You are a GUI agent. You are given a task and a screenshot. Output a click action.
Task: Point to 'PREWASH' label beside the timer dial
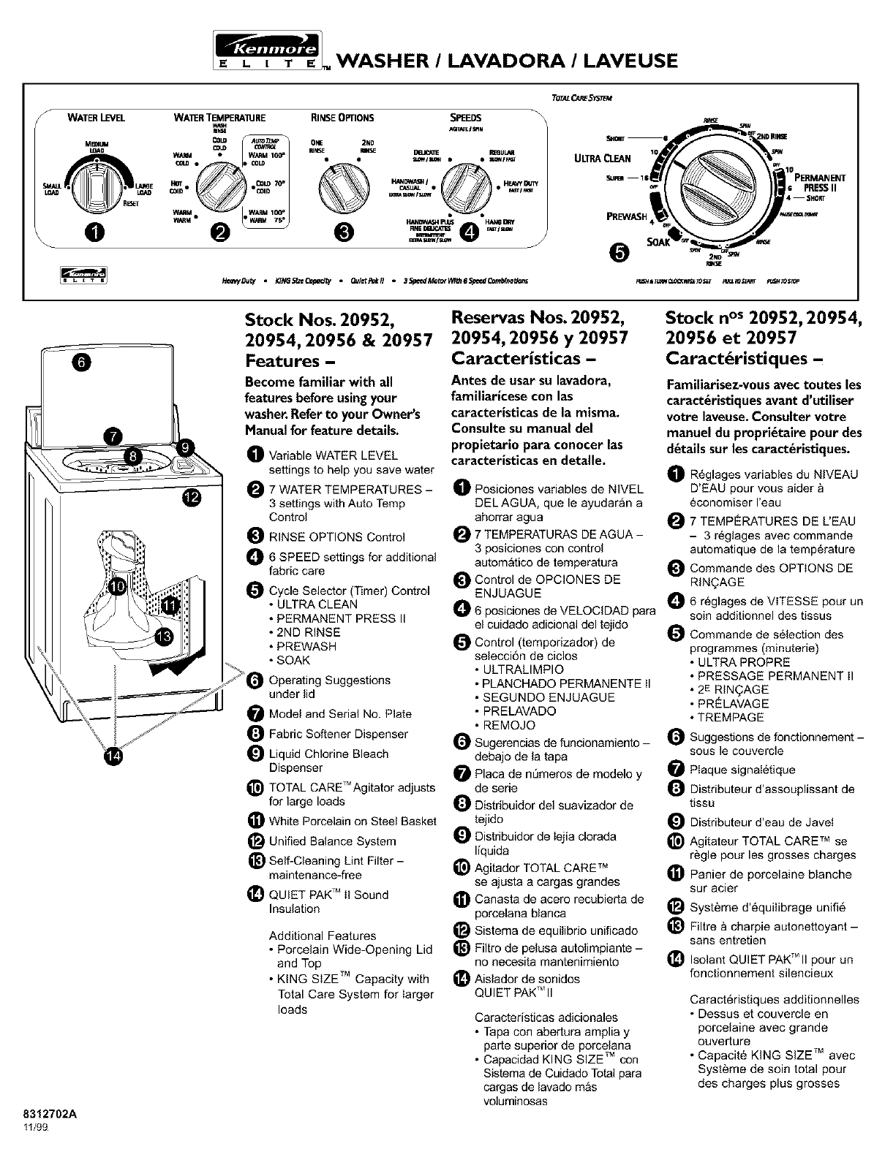628,216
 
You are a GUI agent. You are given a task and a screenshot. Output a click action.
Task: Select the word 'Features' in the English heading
282,361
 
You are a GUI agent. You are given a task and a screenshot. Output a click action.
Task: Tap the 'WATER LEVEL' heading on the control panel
96,118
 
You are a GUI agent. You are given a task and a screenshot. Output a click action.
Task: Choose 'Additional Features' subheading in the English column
323,936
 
